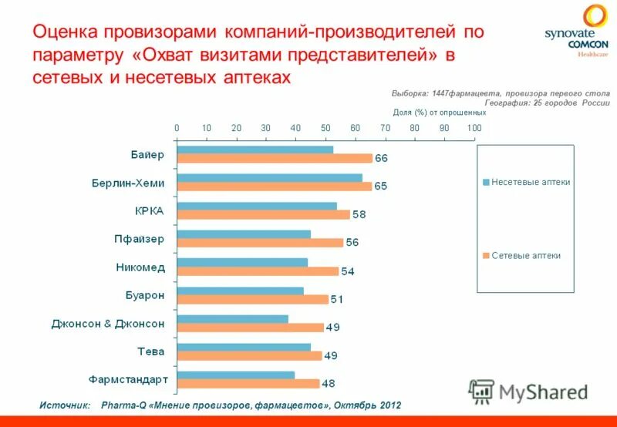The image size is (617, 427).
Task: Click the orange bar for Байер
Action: tap(275, 159)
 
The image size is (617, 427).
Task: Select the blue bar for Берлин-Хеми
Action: tap(269, 177)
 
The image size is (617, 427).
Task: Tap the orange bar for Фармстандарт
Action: tap(248, 384)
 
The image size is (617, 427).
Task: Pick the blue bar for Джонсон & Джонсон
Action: tap(232, 318)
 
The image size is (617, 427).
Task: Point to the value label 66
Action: tap(382, 159)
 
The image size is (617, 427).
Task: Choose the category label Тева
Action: tap(150, 351)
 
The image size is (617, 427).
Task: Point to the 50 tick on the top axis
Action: tap(325, 128)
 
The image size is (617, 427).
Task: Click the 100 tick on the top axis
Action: tap(474, 128)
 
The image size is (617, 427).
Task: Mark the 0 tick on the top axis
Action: tap(177, 128)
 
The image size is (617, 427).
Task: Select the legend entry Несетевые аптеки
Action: tap(531, 183)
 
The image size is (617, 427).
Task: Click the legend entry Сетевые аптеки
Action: tap(526, 256)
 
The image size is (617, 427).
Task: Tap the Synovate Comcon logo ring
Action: tap(595, 17)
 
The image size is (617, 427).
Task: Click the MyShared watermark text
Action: tap(543, 392)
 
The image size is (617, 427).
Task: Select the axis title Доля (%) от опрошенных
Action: tap(434, 113)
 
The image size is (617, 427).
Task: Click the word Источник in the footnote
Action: tap(65, 405)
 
